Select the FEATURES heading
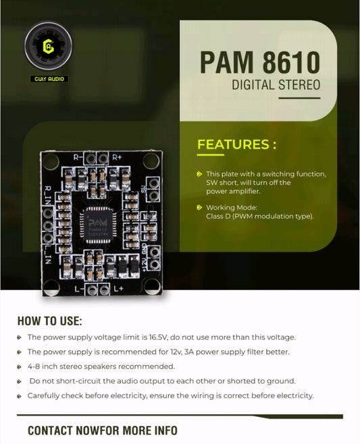[236, 144]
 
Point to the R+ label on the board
[117, 157]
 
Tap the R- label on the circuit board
[78, 157]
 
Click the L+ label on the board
[118, 288]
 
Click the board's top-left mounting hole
[50, 160]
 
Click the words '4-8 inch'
[45, 366]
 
